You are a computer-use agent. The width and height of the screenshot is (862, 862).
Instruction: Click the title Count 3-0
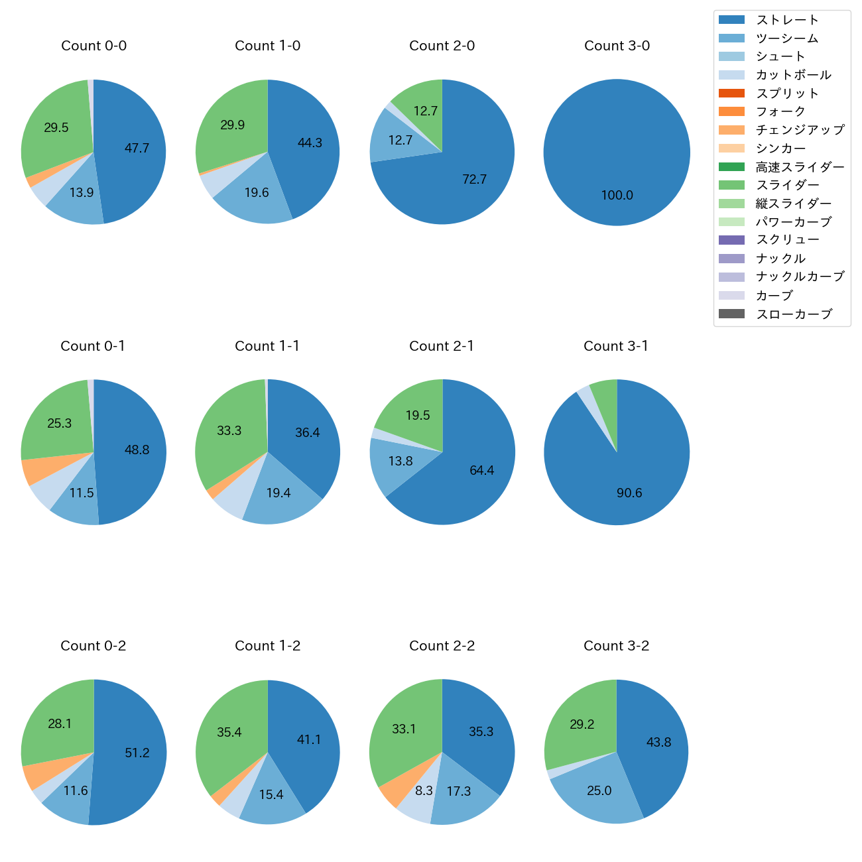[617, 46]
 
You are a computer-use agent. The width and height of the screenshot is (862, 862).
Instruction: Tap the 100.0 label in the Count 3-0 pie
[617, 196]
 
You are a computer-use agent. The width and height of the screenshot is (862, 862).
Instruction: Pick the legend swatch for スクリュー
[731, 240]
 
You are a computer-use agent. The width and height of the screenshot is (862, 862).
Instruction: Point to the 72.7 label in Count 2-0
[474, 180]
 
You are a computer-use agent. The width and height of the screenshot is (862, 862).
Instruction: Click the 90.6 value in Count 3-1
[629, 493]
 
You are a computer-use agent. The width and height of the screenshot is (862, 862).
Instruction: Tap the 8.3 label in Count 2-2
[424, 790]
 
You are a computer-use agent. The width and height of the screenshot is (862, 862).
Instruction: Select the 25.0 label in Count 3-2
[599, 790]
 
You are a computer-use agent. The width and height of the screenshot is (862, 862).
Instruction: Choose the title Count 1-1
[267, 346]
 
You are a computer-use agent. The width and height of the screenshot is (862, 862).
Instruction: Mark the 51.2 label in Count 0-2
[137, 753]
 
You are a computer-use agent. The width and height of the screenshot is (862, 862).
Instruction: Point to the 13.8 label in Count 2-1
[400, 462]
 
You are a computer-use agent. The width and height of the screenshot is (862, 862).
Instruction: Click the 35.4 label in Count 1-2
[229, 733]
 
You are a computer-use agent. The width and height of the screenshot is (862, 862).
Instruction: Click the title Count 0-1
[93, 346]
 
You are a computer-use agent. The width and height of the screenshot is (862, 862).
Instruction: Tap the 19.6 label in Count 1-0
[257, 193]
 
